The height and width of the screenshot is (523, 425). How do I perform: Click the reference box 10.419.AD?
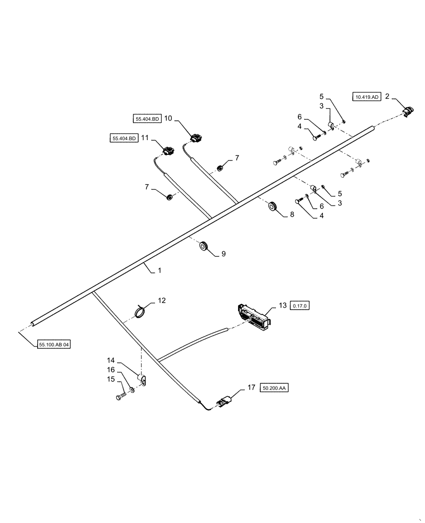pos(366,97)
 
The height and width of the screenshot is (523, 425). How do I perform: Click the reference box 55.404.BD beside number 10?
pos(147,119)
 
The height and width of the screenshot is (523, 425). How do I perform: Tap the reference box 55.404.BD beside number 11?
pos(124,139)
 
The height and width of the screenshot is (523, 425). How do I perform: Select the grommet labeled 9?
pos(204,246)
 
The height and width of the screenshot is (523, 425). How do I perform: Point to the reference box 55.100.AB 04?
pos(53,345)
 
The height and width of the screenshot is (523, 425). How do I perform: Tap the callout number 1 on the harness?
pos(160,271)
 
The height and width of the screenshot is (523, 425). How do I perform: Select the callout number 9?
pos(223,254)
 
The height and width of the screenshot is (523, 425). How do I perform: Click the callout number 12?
pos(162,301)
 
